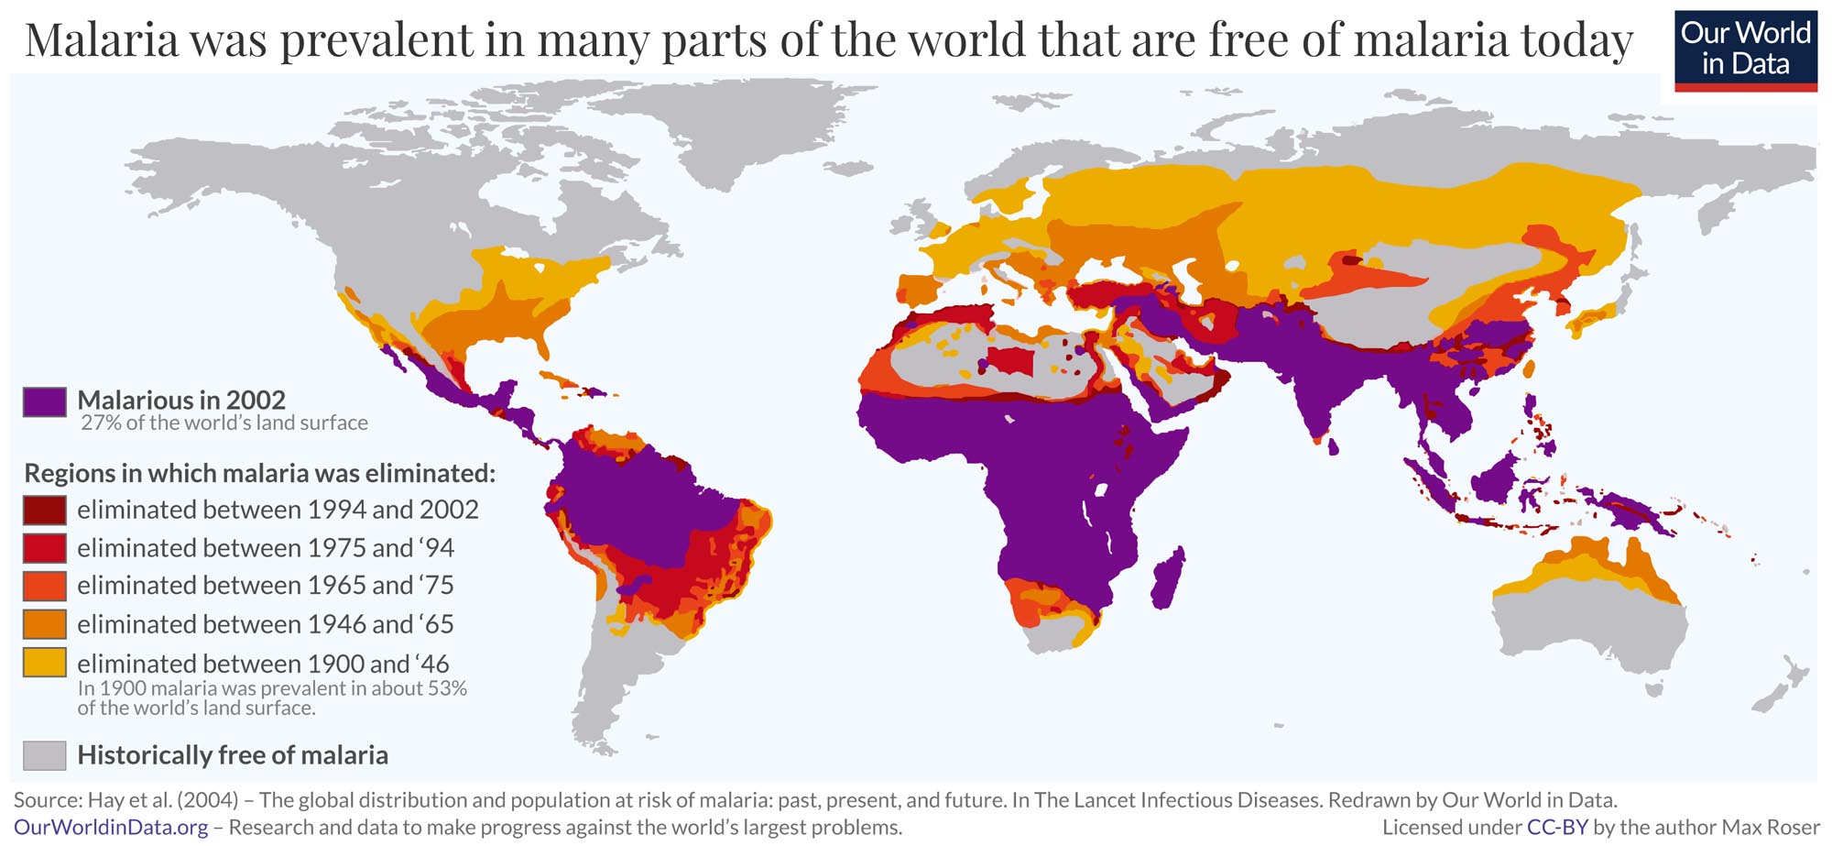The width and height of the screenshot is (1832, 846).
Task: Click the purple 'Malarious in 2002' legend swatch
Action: (44, 401)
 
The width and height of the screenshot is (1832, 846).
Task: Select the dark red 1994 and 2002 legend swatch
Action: (44, 510)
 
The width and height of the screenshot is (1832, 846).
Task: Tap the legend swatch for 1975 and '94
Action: (44, 548)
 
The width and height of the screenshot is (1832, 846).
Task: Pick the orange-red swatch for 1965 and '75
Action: (44, 586)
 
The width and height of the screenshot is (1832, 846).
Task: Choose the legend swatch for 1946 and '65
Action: (44, 624)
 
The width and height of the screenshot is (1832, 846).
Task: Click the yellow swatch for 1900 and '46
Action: (44, 663)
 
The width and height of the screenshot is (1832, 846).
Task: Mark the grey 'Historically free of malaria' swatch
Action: (44, 755)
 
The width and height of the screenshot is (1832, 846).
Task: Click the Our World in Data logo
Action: (1745, 50)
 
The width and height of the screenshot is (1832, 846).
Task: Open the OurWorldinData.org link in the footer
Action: (111, 828)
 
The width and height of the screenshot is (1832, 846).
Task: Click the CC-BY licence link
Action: (1556, 828)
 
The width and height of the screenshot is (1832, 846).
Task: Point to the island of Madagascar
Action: (1167, 577)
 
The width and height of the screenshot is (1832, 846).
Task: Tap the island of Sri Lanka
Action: (1333, 447)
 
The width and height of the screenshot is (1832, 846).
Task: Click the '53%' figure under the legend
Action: (446, 688)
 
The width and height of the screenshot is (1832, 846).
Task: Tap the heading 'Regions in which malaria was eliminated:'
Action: (259, 473)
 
